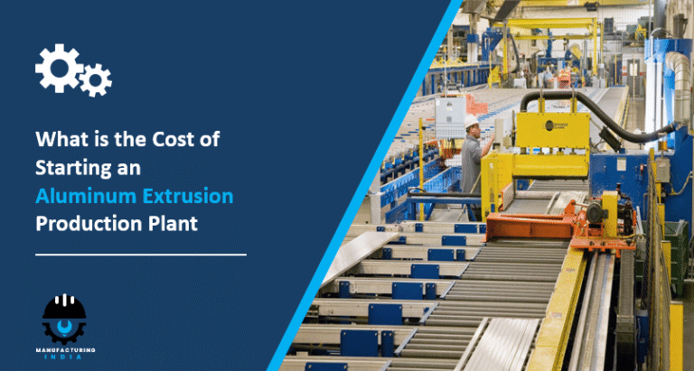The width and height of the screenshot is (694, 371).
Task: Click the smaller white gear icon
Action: [94, 82]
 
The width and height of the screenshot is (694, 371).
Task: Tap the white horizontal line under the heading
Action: [139, 255]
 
